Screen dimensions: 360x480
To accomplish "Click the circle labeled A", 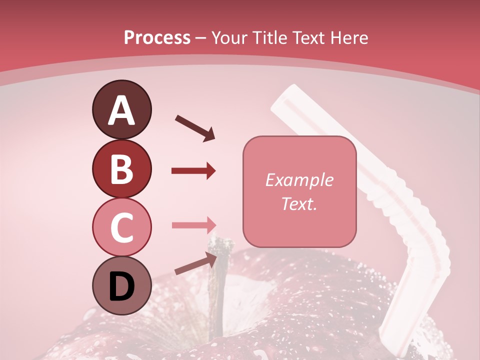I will (x=121, y=110).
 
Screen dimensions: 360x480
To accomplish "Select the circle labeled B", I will (x=121, y=169).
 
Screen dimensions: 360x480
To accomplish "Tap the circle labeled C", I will (x=121, y=227).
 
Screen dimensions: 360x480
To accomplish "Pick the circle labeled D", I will (x=121, y=286).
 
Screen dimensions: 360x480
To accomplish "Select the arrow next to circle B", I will (x=193, y=171).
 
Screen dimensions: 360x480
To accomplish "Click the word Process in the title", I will (x=157, y=38).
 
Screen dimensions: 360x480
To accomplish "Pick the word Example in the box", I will (x=299, y=180).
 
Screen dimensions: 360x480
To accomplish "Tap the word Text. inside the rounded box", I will (x=299, y=203).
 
